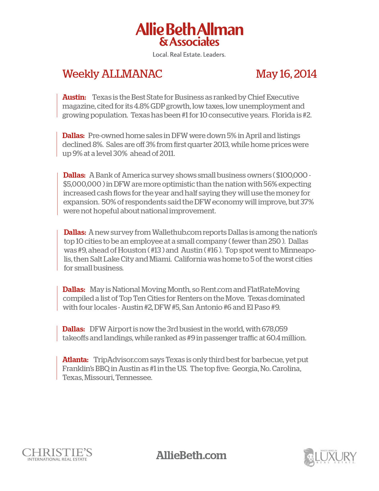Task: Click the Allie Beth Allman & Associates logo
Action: coord(189,34)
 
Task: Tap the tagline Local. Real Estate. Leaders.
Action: coord(189,55)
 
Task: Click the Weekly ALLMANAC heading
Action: coord(112,74)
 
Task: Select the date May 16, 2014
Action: coord(286,74)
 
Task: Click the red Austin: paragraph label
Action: coord(74,97)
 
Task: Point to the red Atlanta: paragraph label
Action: coord(75,360)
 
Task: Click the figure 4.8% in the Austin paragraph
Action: coord(141,106)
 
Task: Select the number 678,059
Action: coord(274,329)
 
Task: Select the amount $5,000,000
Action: coord(82,184)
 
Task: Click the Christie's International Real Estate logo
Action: coord(57,455)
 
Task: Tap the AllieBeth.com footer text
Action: coord(191,455)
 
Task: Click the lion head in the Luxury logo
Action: coord(309,457)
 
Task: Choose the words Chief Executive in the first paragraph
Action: coord(273,97)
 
